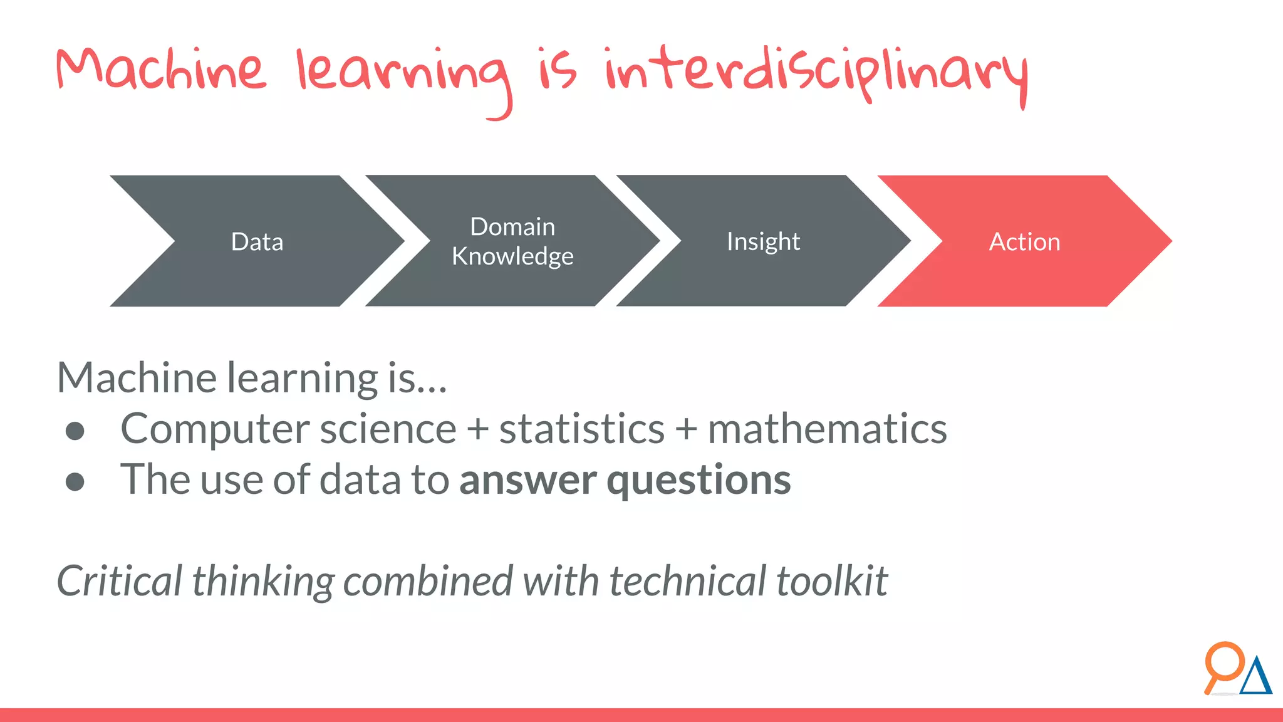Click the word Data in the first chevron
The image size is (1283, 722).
tap(257, 242)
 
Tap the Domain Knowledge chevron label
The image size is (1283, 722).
tap(512, 241)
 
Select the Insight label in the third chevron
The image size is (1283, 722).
tap(763, 242)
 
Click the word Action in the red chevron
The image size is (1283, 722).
tap(1024, 242)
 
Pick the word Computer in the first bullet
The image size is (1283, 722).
tap(215, 430)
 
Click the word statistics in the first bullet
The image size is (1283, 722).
tap(581, 430)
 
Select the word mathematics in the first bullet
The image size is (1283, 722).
tap(827, 430)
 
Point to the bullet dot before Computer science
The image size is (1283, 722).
tap(75, 431)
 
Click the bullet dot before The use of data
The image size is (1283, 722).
tap(75, 482)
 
